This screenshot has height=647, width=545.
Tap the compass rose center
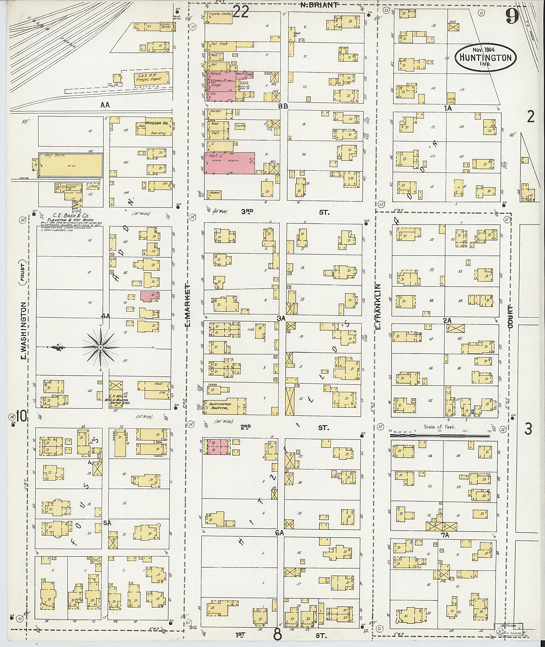click(100, 348)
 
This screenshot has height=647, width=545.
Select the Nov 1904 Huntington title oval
click(485, 58)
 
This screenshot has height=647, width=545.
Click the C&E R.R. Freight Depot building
click(151, 77)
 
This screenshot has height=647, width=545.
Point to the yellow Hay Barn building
click(71, 165)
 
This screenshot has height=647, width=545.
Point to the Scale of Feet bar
click(440, 436)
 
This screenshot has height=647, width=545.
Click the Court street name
click(510, 316)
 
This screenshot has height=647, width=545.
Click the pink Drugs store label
click(216, 85)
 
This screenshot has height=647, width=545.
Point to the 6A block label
click(280, 533)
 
